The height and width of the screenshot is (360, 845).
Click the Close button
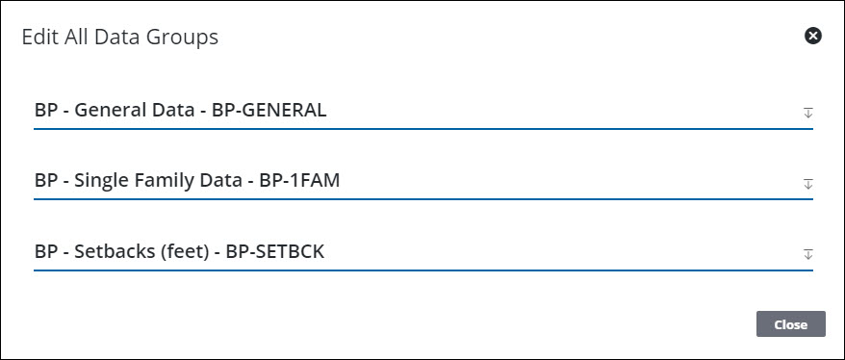pos(790,324)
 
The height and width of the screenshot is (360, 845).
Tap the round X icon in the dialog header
pos(813,37)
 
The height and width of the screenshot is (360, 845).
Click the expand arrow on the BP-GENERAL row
pos(808,113)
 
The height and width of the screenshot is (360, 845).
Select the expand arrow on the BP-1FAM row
pos(808,183)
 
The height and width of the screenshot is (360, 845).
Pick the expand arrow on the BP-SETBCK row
pos(808,254)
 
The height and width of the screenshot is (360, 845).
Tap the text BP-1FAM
pos(299,181)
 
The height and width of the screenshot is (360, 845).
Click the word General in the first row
pos(107,111)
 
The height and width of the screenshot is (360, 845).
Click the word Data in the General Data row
pos(169,111)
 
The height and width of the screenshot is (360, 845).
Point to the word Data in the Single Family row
pos(218,181)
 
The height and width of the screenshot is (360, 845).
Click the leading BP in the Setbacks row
pos(45,252)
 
